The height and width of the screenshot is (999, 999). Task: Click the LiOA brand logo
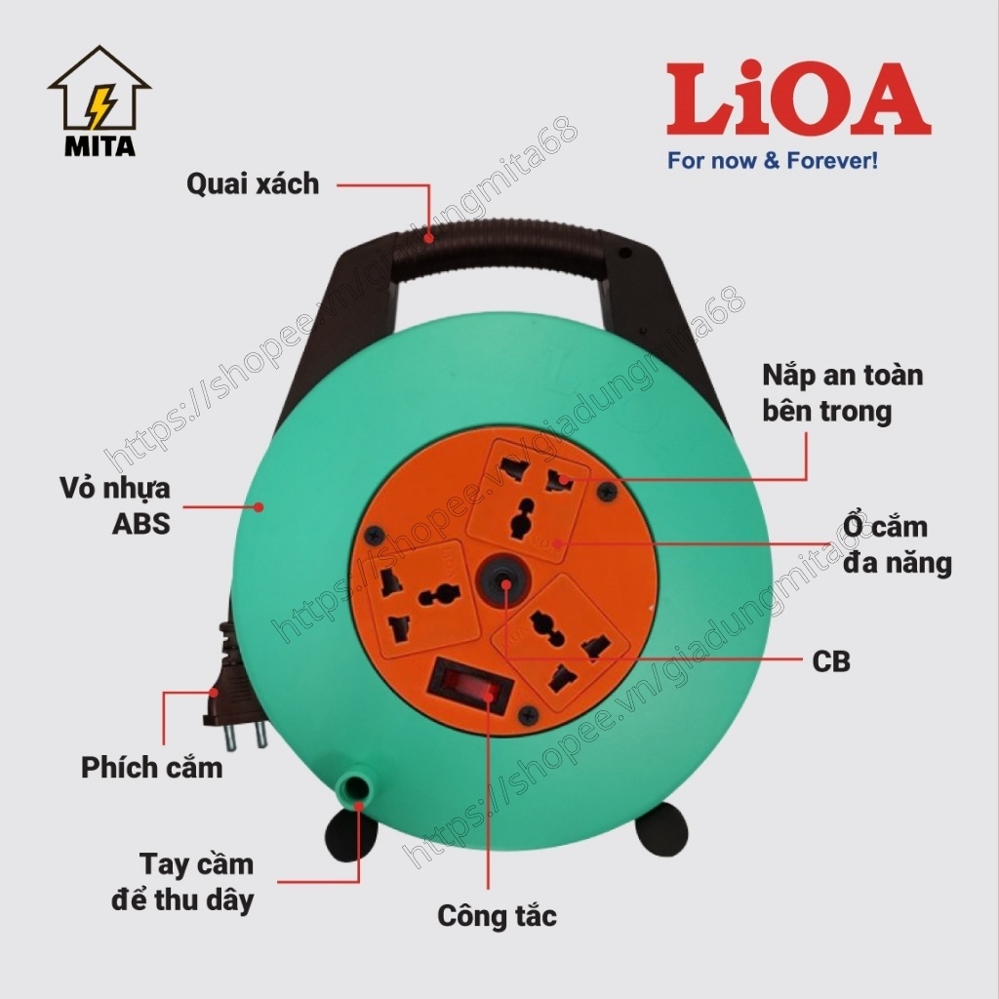798,100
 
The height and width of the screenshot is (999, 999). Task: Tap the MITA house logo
99,101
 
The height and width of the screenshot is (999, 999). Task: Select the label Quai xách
254,182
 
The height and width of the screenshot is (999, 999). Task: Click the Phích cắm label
151,767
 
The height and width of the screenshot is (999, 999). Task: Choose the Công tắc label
497,916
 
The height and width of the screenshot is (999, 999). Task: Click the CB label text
830,661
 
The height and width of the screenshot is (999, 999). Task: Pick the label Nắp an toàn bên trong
841,392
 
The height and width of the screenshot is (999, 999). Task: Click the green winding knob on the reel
358,786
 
